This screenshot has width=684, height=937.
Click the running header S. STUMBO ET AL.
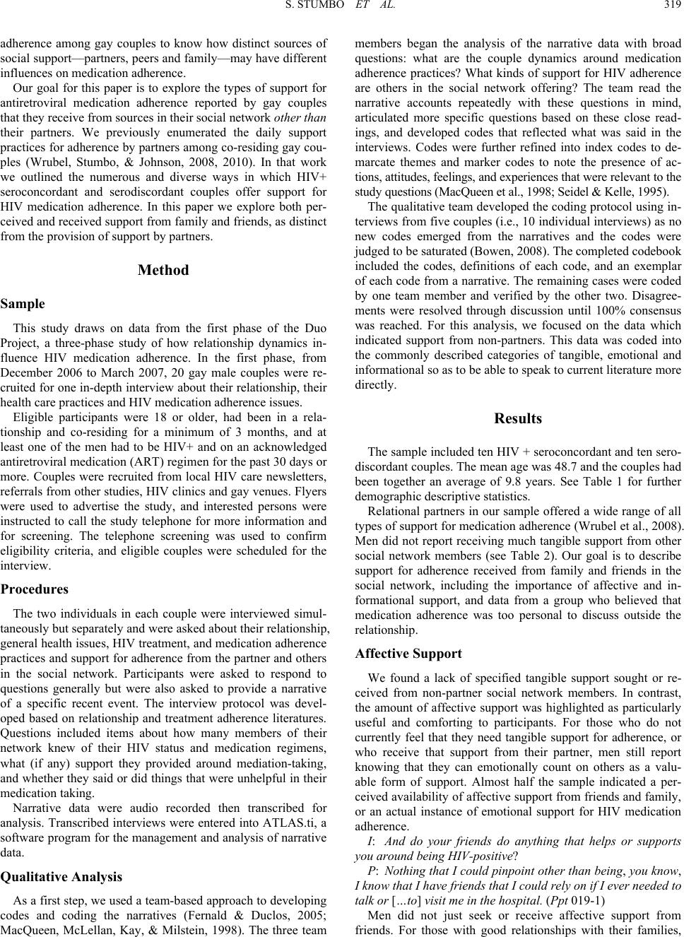[x=342, y=9]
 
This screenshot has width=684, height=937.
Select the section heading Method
[x=164, y=270]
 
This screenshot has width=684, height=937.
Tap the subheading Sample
[x=23, y=304]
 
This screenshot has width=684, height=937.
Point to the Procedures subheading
[x=35, y=589]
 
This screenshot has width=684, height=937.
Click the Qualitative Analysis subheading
[x=61, y=876]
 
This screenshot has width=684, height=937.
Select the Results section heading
[x=518, y=418]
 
